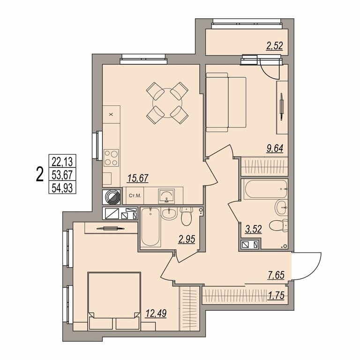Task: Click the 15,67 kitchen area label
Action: [x=137, y=178]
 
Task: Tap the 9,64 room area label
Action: [x=275, y=148]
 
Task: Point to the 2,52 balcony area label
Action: [x=274, y=46]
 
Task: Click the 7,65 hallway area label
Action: [x=276, y=275]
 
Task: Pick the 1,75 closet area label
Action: [x=276, y=295]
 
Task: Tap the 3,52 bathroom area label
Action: [x=253, y=229]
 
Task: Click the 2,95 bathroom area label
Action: [x=187, y=239]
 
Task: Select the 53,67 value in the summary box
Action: [x=62, y=175]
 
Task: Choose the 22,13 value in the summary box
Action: [x=62, y=162]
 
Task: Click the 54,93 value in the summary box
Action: [x=62, y=188]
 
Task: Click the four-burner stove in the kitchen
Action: [x=112, y=157]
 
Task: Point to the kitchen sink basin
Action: [x=166, y=196]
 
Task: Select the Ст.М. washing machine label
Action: [x=135, y=196]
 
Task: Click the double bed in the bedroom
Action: [x=114, y=301]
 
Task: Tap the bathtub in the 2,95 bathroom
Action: [x=150, y=227]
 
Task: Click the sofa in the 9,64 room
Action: [x=226, y=102]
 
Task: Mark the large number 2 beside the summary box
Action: [x=40, y=174]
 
